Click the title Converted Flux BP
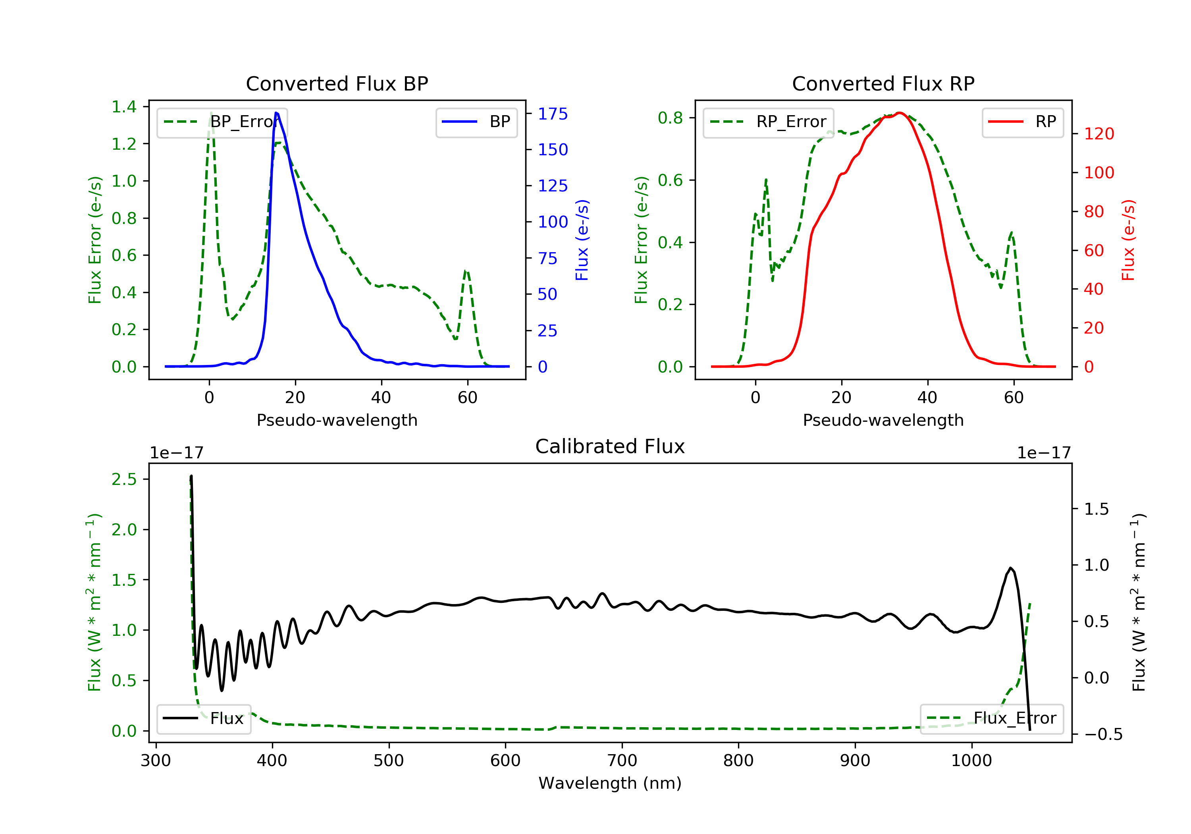pyautogui.click(x=337, y=83)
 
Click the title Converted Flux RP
pyautogui.click(x=883, y=83)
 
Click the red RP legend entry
pyautogui.click(x=1022, y=122)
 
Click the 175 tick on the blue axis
pyautogui.click(x=553, y=114)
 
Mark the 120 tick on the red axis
pyautogui.click(x=1098, y=134)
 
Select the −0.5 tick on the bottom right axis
pyautogui.click(x=1103, y=734)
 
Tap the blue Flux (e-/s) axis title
pyautogui.click(x=582, y=240)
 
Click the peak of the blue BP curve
pyautogui.click(x=276, y=113)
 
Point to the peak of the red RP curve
pyautogui.click(x=900, y=113)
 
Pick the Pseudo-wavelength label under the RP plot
pyautogui.click(x=883, y=420)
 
